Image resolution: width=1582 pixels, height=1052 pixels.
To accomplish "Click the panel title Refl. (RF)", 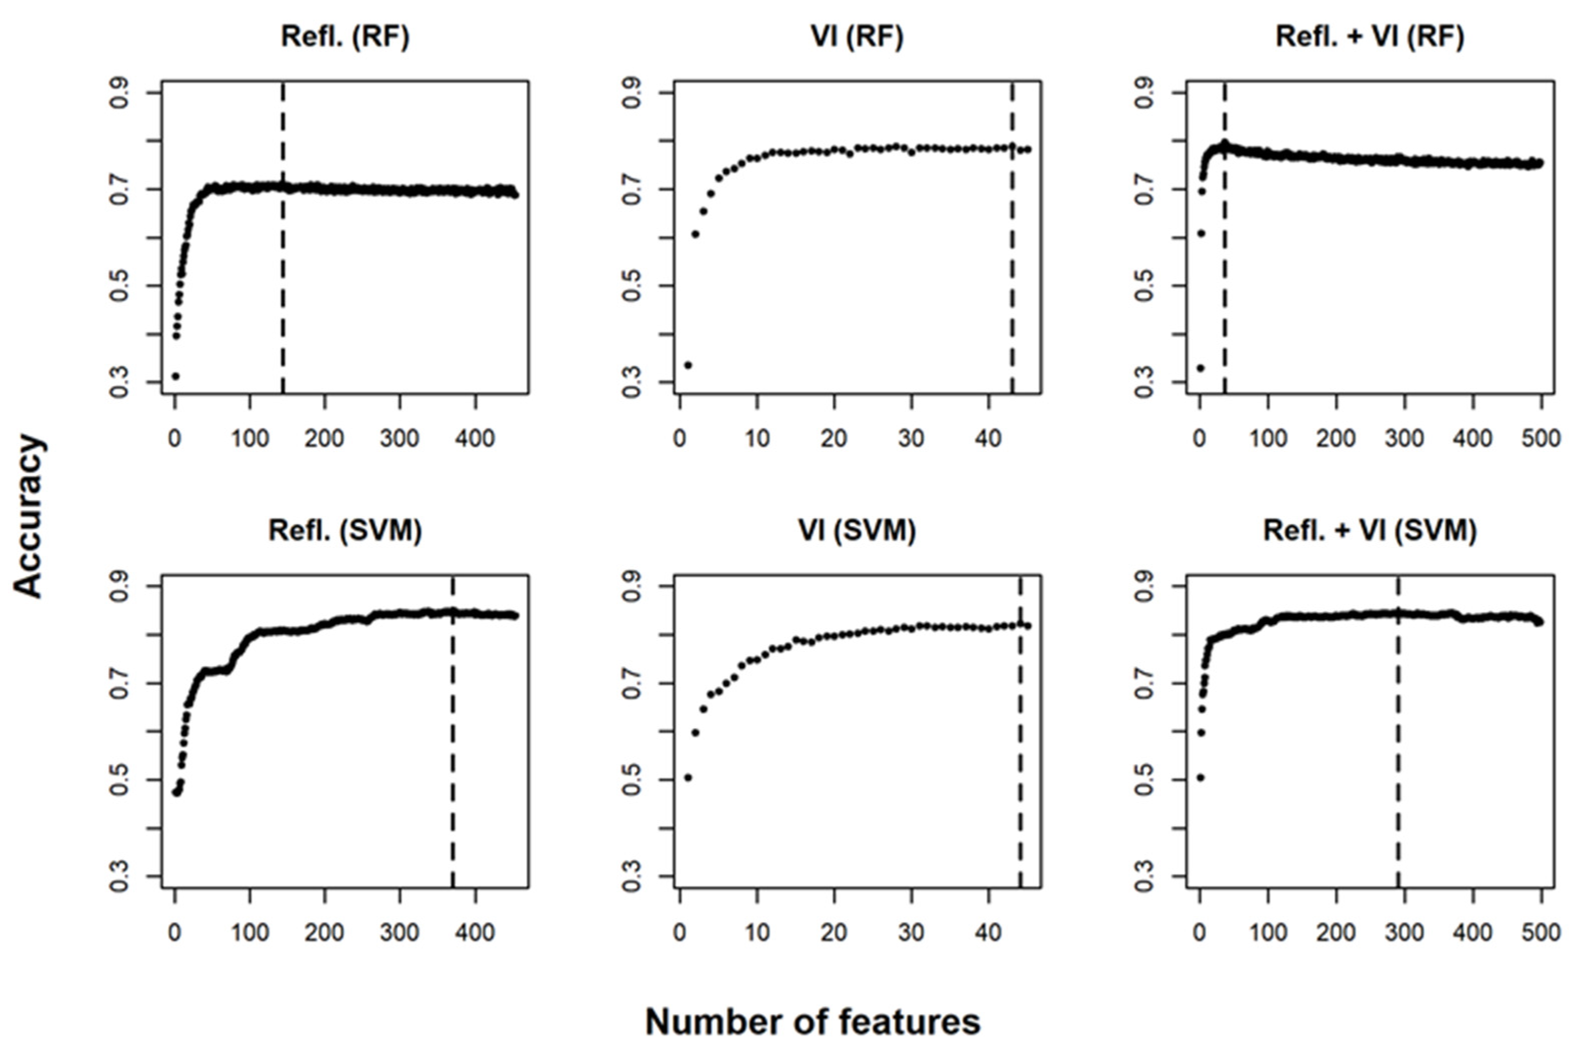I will click(x=345, y=37).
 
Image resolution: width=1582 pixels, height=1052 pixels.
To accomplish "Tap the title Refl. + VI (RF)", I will click(x=1369, y=37).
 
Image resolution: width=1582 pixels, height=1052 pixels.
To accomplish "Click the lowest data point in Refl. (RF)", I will click(x=175, y=375).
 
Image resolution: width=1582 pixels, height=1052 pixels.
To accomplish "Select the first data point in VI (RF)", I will click(x=687, y=365).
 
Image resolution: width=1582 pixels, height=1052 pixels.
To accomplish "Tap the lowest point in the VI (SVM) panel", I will click(x=687, y=777).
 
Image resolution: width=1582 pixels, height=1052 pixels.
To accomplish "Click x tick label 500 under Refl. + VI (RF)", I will click(x=1541, y=439).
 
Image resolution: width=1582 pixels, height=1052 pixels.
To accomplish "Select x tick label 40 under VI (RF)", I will click(x=987, y=439).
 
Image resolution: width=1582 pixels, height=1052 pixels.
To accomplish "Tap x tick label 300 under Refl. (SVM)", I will click(x=400, y=932).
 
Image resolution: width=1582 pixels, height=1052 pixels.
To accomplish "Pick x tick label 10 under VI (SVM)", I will click(x=757, y=932).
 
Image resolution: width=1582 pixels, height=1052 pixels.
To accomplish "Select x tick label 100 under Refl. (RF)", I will click(x=249, y=439).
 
